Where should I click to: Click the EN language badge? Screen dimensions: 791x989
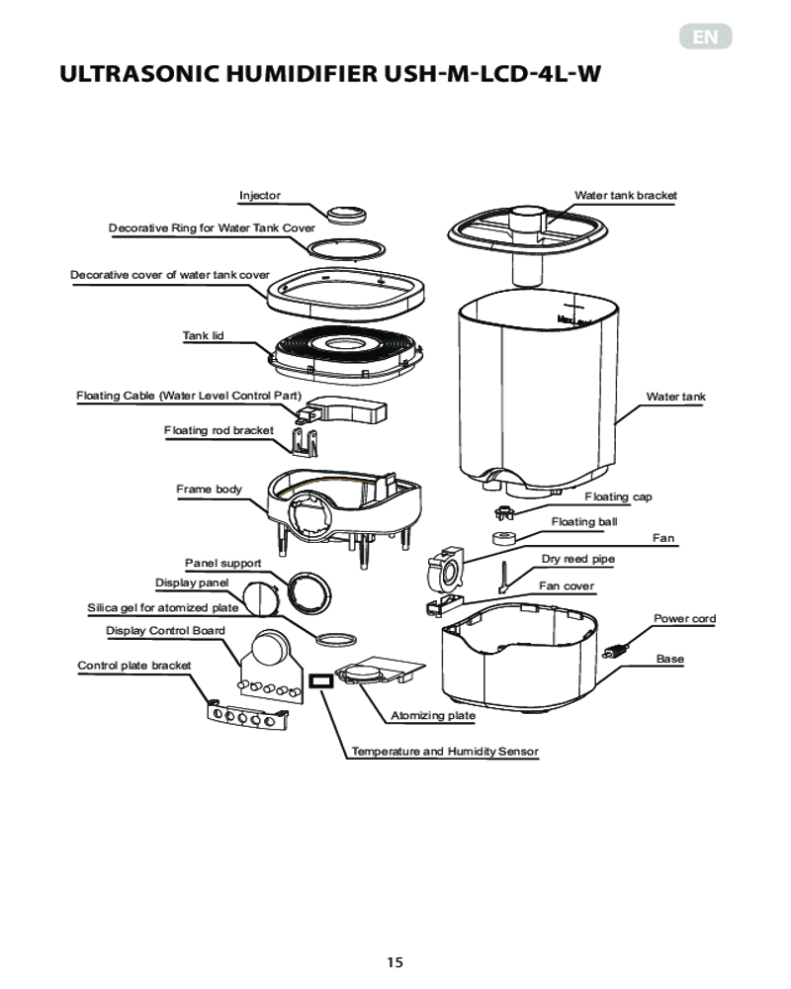pos(705,37)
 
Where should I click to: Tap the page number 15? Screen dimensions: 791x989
pos(395,962)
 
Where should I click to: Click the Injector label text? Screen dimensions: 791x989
pos(260,196)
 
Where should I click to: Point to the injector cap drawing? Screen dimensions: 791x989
pos(347,214)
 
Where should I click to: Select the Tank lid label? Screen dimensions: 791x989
pos(203,335)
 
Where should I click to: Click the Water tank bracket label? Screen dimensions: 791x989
pos(625,196)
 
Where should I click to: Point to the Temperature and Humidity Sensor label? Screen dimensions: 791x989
pos(445,752)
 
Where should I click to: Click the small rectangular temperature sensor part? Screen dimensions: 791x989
pos(320,681)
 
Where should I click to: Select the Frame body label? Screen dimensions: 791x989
pos(209,489)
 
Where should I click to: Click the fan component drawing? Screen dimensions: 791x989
pos(445,569)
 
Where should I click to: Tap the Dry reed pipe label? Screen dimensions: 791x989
pos(577,559)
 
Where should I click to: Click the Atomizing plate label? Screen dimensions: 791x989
pos(433,715)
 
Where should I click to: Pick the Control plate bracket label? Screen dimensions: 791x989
pos(133,666)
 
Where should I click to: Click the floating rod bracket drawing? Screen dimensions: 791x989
pos(305,441)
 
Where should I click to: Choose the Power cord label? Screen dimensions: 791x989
pos(684,619)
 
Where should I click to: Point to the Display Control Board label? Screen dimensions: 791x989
pos(165,631)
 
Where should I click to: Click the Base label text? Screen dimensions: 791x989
pos(670,659)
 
